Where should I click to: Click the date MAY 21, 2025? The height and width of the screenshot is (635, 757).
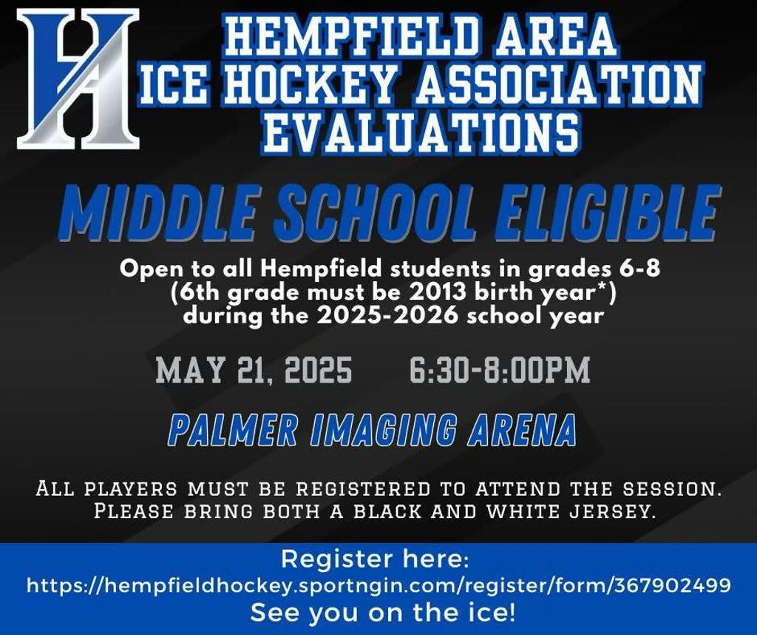click(x=254, y=370)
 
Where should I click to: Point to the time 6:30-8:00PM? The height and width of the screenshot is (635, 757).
click(x=500, y=370)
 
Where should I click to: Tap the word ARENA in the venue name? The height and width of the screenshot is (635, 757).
click(x=522, y=429)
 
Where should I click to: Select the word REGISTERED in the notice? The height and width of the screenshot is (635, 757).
click(x=363, y=488)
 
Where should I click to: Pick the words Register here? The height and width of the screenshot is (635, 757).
click(x=375, y=559)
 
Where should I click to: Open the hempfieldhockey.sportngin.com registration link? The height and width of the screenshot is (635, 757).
click(x=378, y=586)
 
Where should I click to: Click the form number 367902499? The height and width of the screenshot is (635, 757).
click(x=672, y=585)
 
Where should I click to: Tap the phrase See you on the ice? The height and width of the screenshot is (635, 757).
click(x=383, y=612)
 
